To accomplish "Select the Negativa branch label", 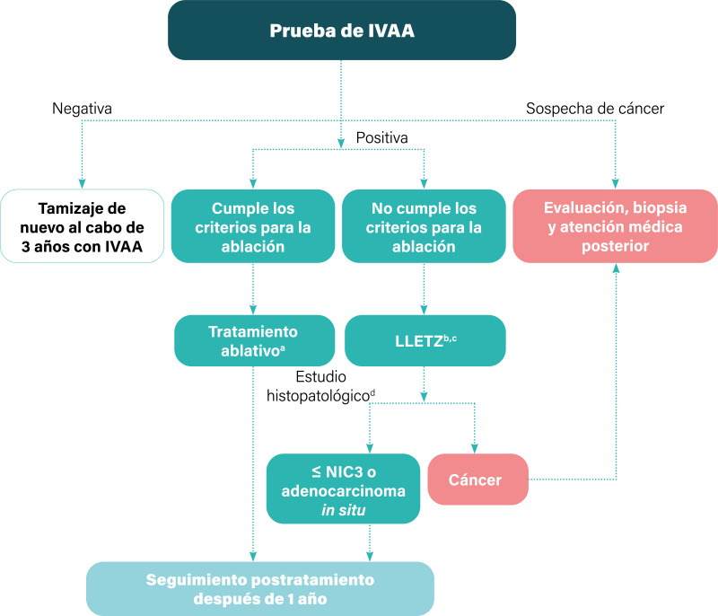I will [x=82, y=110].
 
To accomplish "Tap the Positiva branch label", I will [x=382, y=138].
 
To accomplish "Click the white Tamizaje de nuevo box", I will [x=82, y=225].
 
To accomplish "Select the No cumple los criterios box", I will [x=424, y=225].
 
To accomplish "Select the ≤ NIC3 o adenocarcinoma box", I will [x=344, y=488].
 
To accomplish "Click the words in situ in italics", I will [x=344, y=509].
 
